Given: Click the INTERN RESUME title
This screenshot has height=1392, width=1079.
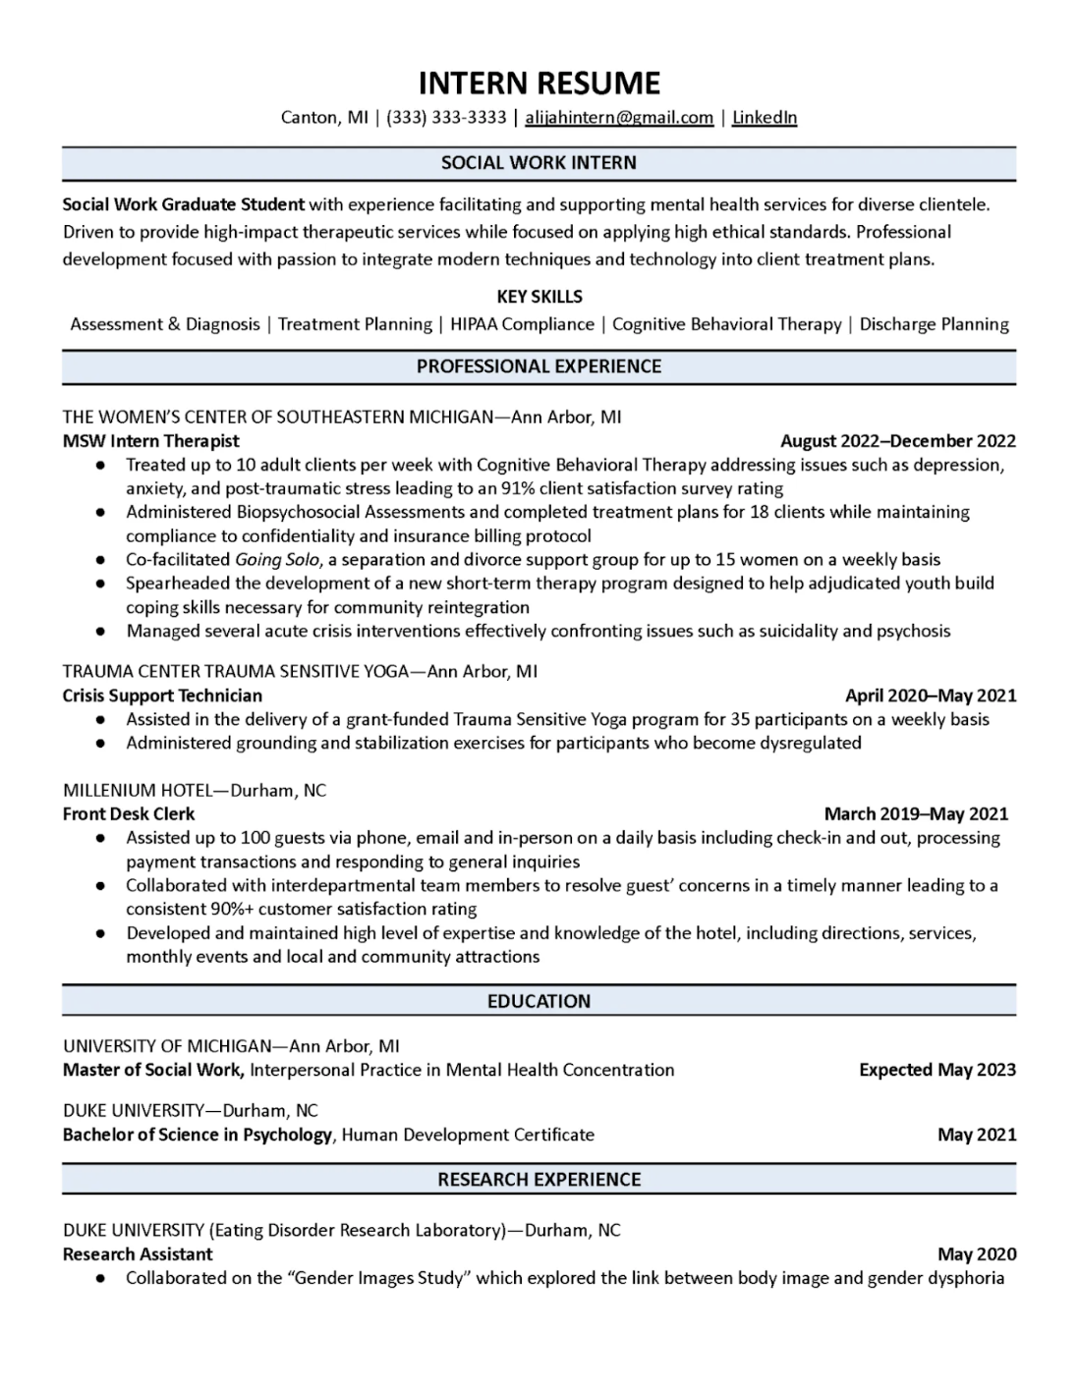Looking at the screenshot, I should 539,83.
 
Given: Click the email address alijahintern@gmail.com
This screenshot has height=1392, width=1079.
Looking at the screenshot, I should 619,118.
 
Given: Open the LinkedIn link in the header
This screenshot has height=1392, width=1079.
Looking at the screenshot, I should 765,118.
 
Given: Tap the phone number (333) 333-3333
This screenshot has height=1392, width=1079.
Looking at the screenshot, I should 446,118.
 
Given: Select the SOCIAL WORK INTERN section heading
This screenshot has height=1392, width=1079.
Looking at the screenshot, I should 539,163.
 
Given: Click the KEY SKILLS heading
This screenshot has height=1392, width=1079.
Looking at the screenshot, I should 539,297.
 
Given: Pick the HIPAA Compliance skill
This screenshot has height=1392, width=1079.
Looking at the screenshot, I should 522,324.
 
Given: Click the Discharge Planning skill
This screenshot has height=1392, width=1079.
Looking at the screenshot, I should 934,324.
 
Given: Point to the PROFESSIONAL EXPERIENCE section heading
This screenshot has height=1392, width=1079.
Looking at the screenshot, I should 539,366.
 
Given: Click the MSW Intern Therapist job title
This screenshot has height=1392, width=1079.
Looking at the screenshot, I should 151,441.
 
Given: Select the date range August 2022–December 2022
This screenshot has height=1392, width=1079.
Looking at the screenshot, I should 897,441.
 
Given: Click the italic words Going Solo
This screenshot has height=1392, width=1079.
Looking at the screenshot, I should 278,560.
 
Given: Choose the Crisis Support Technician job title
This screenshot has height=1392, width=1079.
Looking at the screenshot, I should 162,696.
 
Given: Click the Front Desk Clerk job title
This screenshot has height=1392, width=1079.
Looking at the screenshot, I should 129,814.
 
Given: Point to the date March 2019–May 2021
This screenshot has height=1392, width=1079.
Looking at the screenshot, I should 916,814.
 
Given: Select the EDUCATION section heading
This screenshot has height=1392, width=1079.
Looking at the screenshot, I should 539,1001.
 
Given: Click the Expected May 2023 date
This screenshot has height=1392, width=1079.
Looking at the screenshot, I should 937,1070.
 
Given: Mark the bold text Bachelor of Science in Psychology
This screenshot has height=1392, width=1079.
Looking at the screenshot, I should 198,1135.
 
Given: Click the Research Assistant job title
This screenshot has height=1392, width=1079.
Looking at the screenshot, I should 138,1254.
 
